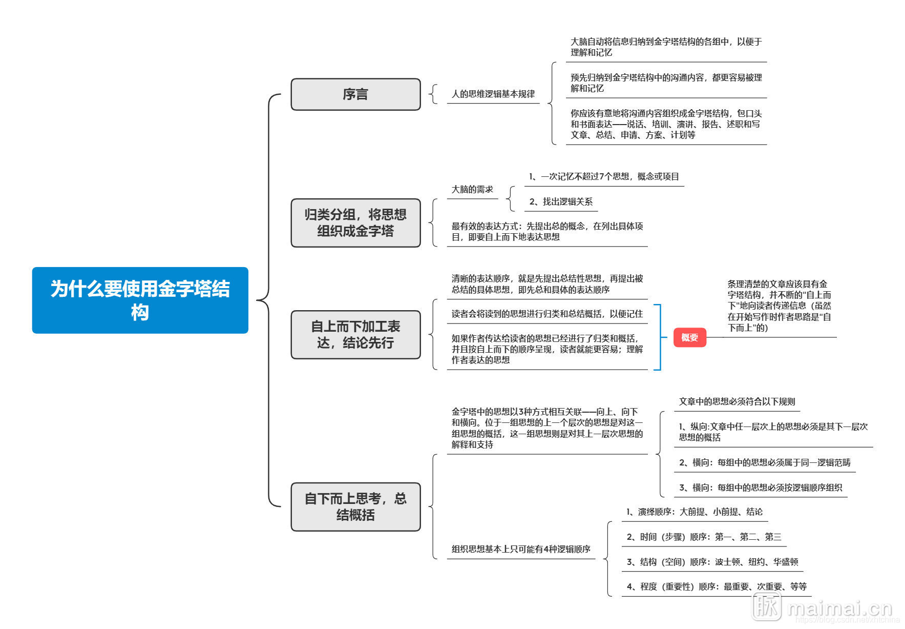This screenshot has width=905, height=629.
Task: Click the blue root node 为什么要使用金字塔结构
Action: pos(140,300)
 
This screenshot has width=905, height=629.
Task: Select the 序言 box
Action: pos(355,94)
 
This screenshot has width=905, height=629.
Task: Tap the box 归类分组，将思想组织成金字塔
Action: pos(355,222)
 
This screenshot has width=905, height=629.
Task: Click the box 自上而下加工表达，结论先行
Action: pos(355,334)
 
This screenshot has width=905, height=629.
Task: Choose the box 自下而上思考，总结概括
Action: pos(355,506)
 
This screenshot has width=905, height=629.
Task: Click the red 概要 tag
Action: pos(689,337)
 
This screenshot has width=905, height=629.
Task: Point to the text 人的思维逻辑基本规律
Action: pos(493,94)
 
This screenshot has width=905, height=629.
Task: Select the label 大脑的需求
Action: pos(472,189)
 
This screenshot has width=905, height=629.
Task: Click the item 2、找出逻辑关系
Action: pos(561,201)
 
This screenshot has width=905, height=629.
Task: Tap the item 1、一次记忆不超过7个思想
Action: pos(604,176)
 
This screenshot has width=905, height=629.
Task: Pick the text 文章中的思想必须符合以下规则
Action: pos(736,401)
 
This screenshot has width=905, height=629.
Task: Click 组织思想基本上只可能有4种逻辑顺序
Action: pos(520,549)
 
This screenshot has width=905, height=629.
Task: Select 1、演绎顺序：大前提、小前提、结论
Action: pos(694,512)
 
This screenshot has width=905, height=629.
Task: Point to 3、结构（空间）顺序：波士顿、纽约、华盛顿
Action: pos(712,562)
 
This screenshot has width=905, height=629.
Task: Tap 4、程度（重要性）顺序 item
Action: pos(716,586)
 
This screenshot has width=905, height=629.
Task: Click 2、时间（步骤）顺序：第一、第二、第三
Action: pos(704,537)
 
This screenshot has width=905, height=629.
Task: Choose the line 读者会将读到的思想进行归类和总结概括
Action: pos(546,314)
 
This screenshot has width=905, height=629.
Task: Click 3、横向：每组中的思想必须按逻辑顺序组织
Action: pos(760,488)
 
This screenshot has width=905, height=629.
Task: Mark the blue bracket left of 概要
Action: pos(659,337)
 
